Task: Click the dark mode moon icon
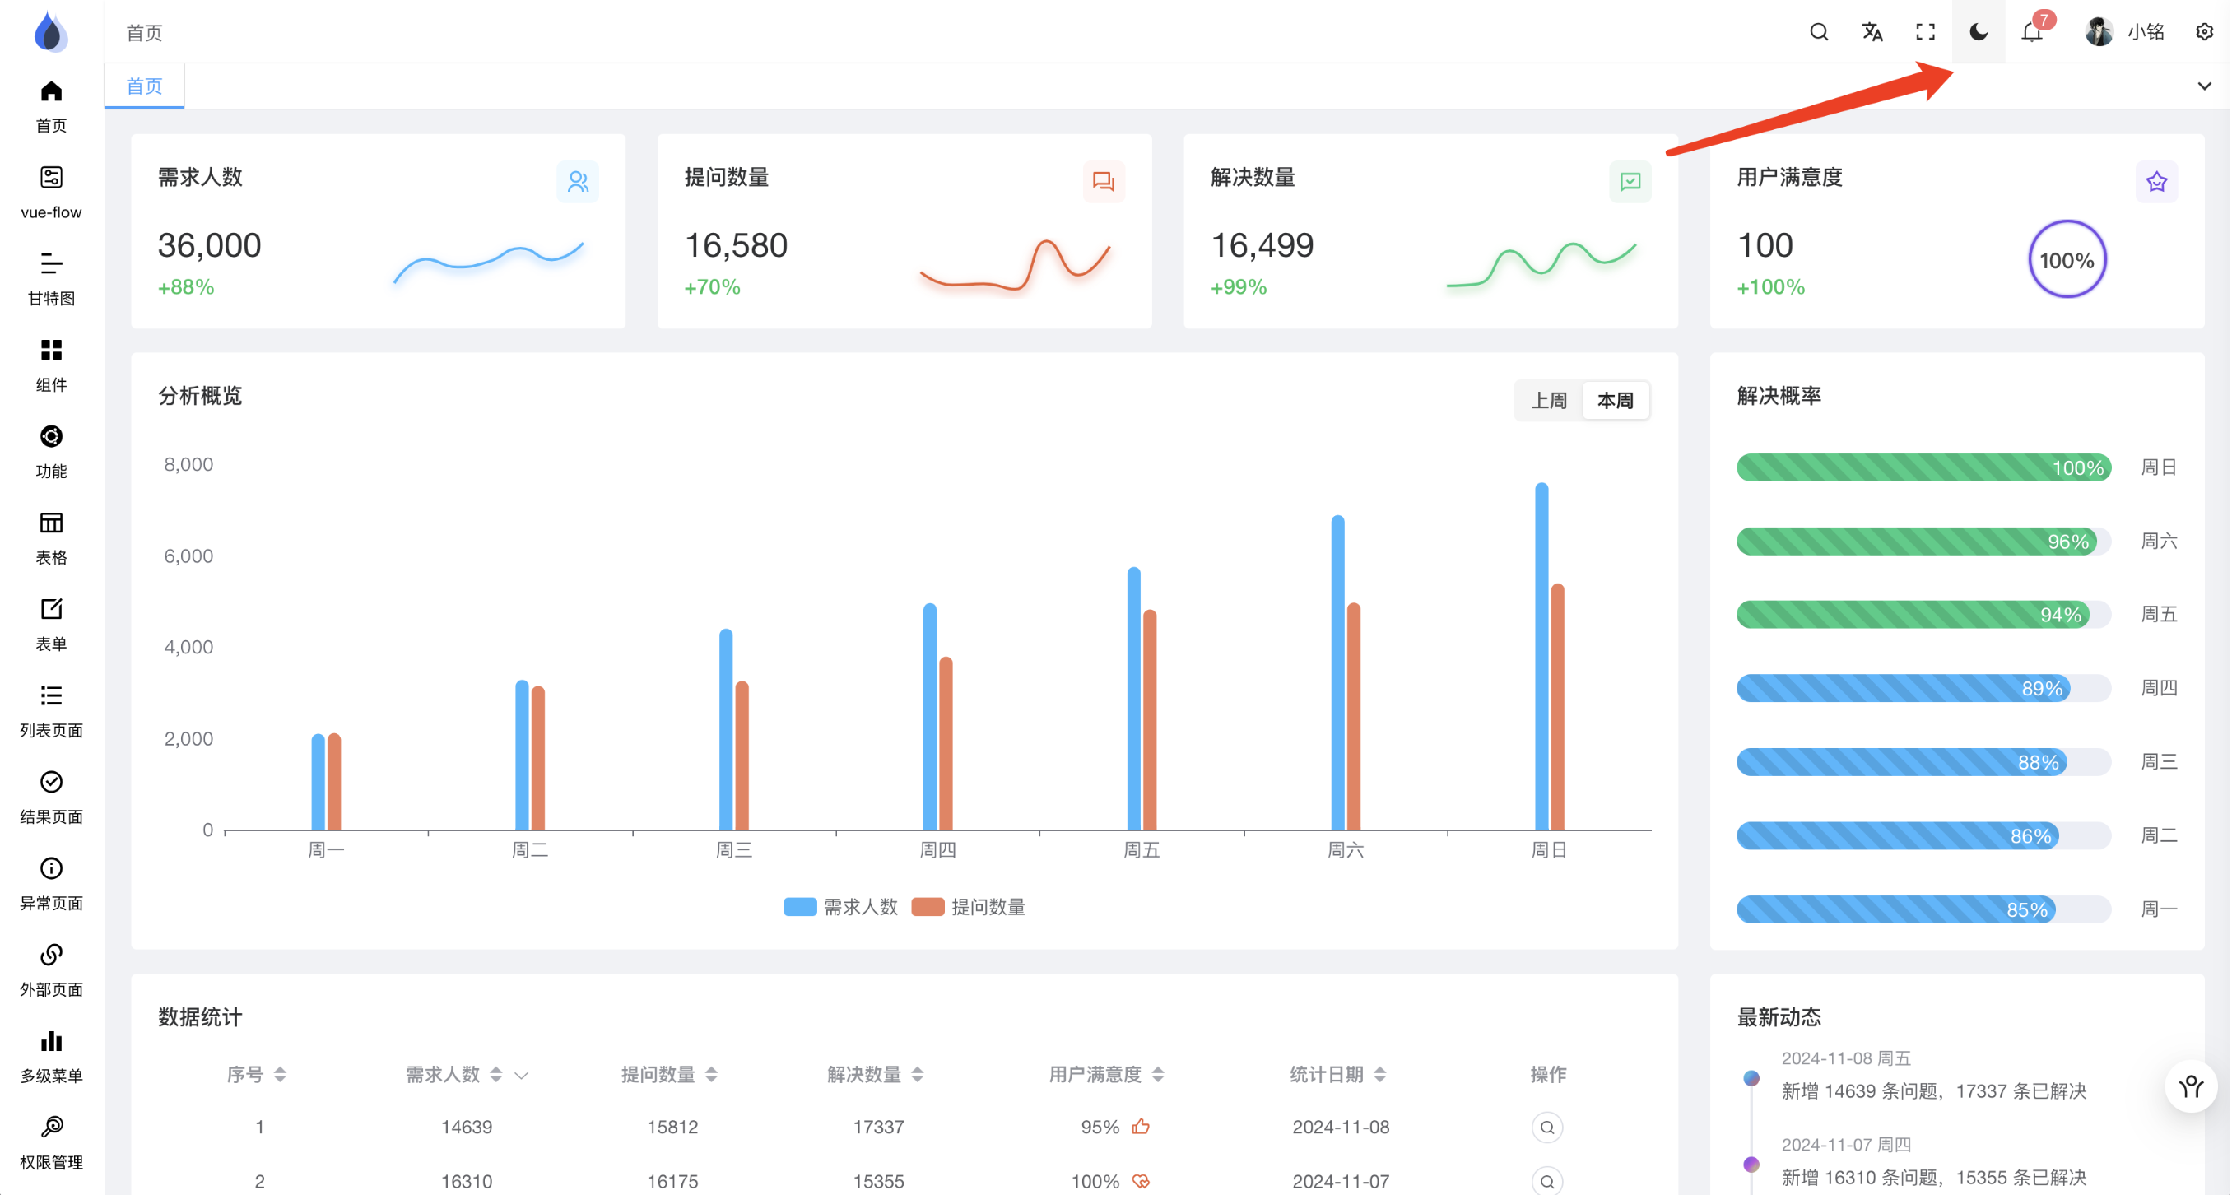click(1979, 32)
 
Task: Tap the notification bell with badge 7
click(2032, 33)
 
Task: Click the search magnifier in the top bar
click(1819, 32)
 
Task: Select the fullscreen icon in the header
click(1925, 32)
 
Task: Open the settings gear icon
click(2204, 32)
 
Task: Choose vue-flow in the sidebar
click(51, 193)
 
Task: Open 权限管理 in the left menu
click(51, 1142)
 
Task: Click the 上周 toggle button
click(1548, 400)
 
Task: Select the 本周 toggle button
click(1615, 400)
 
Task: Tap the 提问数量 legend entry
click(970, 906)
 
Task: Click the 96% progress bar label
click(2067, 542)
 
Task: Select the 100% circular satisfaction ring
click(2067, 260)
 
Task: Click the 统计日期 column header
click(1327, 1075)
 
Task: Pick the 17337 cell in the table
click(877, 1127)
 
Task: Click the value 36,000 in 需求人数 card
click(209, 246)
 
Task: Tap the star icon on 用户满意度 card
click(2155, 182)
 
